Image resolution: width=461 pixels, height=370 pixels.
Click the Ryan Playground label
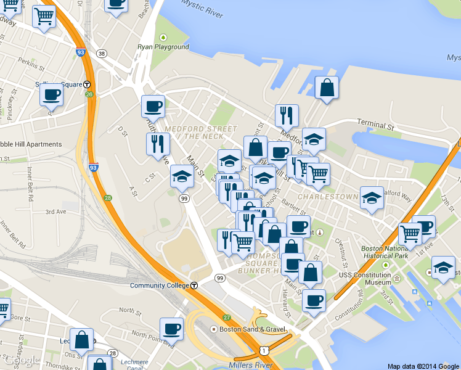point(163,47)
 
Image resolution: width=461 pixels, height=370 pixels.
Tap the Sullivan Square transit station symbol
point(88,84)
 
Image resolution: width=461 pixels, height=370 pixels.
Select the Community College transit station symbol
point(194,286)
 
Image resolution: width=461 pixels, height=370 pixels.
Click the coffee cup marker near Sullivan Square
point(51,95)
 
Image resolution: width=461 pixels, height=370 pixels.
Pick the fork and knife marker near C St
point(157,144)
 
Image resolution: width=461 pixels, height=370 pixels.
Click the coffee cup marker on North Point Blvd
point(171,328)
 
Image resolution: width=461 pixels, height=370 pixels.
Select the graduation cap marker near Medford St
point(314,139)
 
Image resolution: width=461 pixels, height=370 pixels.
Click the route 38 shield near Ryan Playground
point(102,53)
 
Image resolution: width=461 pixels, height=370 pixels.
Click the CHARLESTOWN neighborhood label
point(327,197)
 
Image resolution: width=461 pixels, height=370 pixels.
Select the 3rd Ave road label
point(55,212)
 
